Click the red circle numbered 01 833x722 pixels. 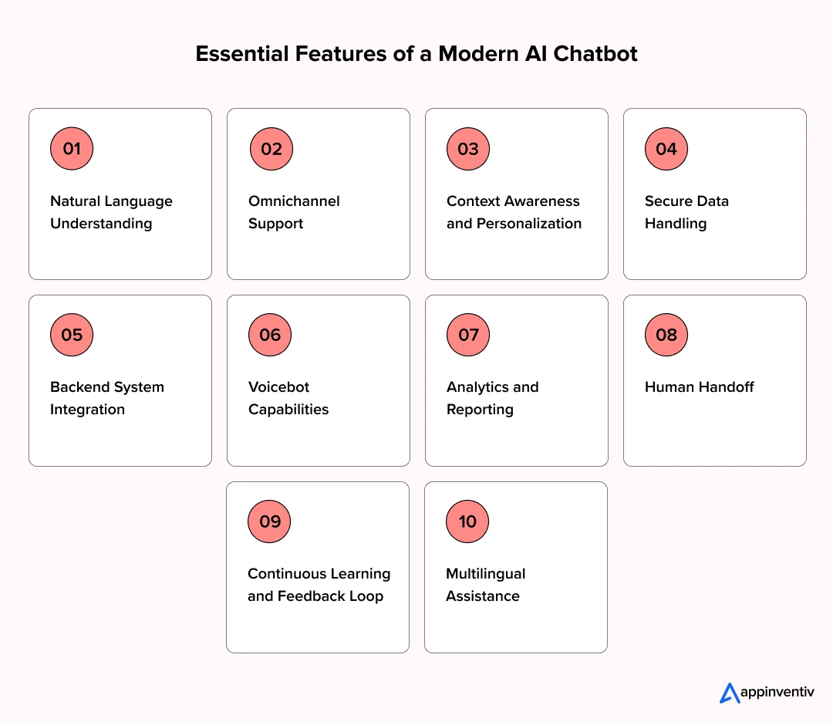72,149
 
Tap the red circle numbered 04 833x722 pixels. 666,149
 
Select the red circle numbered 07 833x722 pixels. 468,335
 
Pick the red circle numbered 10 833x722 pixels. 467,521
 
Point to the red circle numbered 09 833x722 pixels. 269,521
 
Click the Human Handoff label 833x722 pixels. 699,387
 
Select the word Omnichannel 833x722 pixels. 294,201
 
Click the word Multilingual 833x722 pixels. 485,574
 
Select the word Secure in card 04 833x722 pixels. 668,201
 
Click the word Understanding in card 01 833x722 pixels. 101,224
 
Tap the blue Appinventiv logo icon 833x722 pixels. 729,693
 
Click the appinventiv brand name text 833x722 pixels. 777,693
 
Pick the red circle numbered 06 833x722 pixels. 270,335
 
